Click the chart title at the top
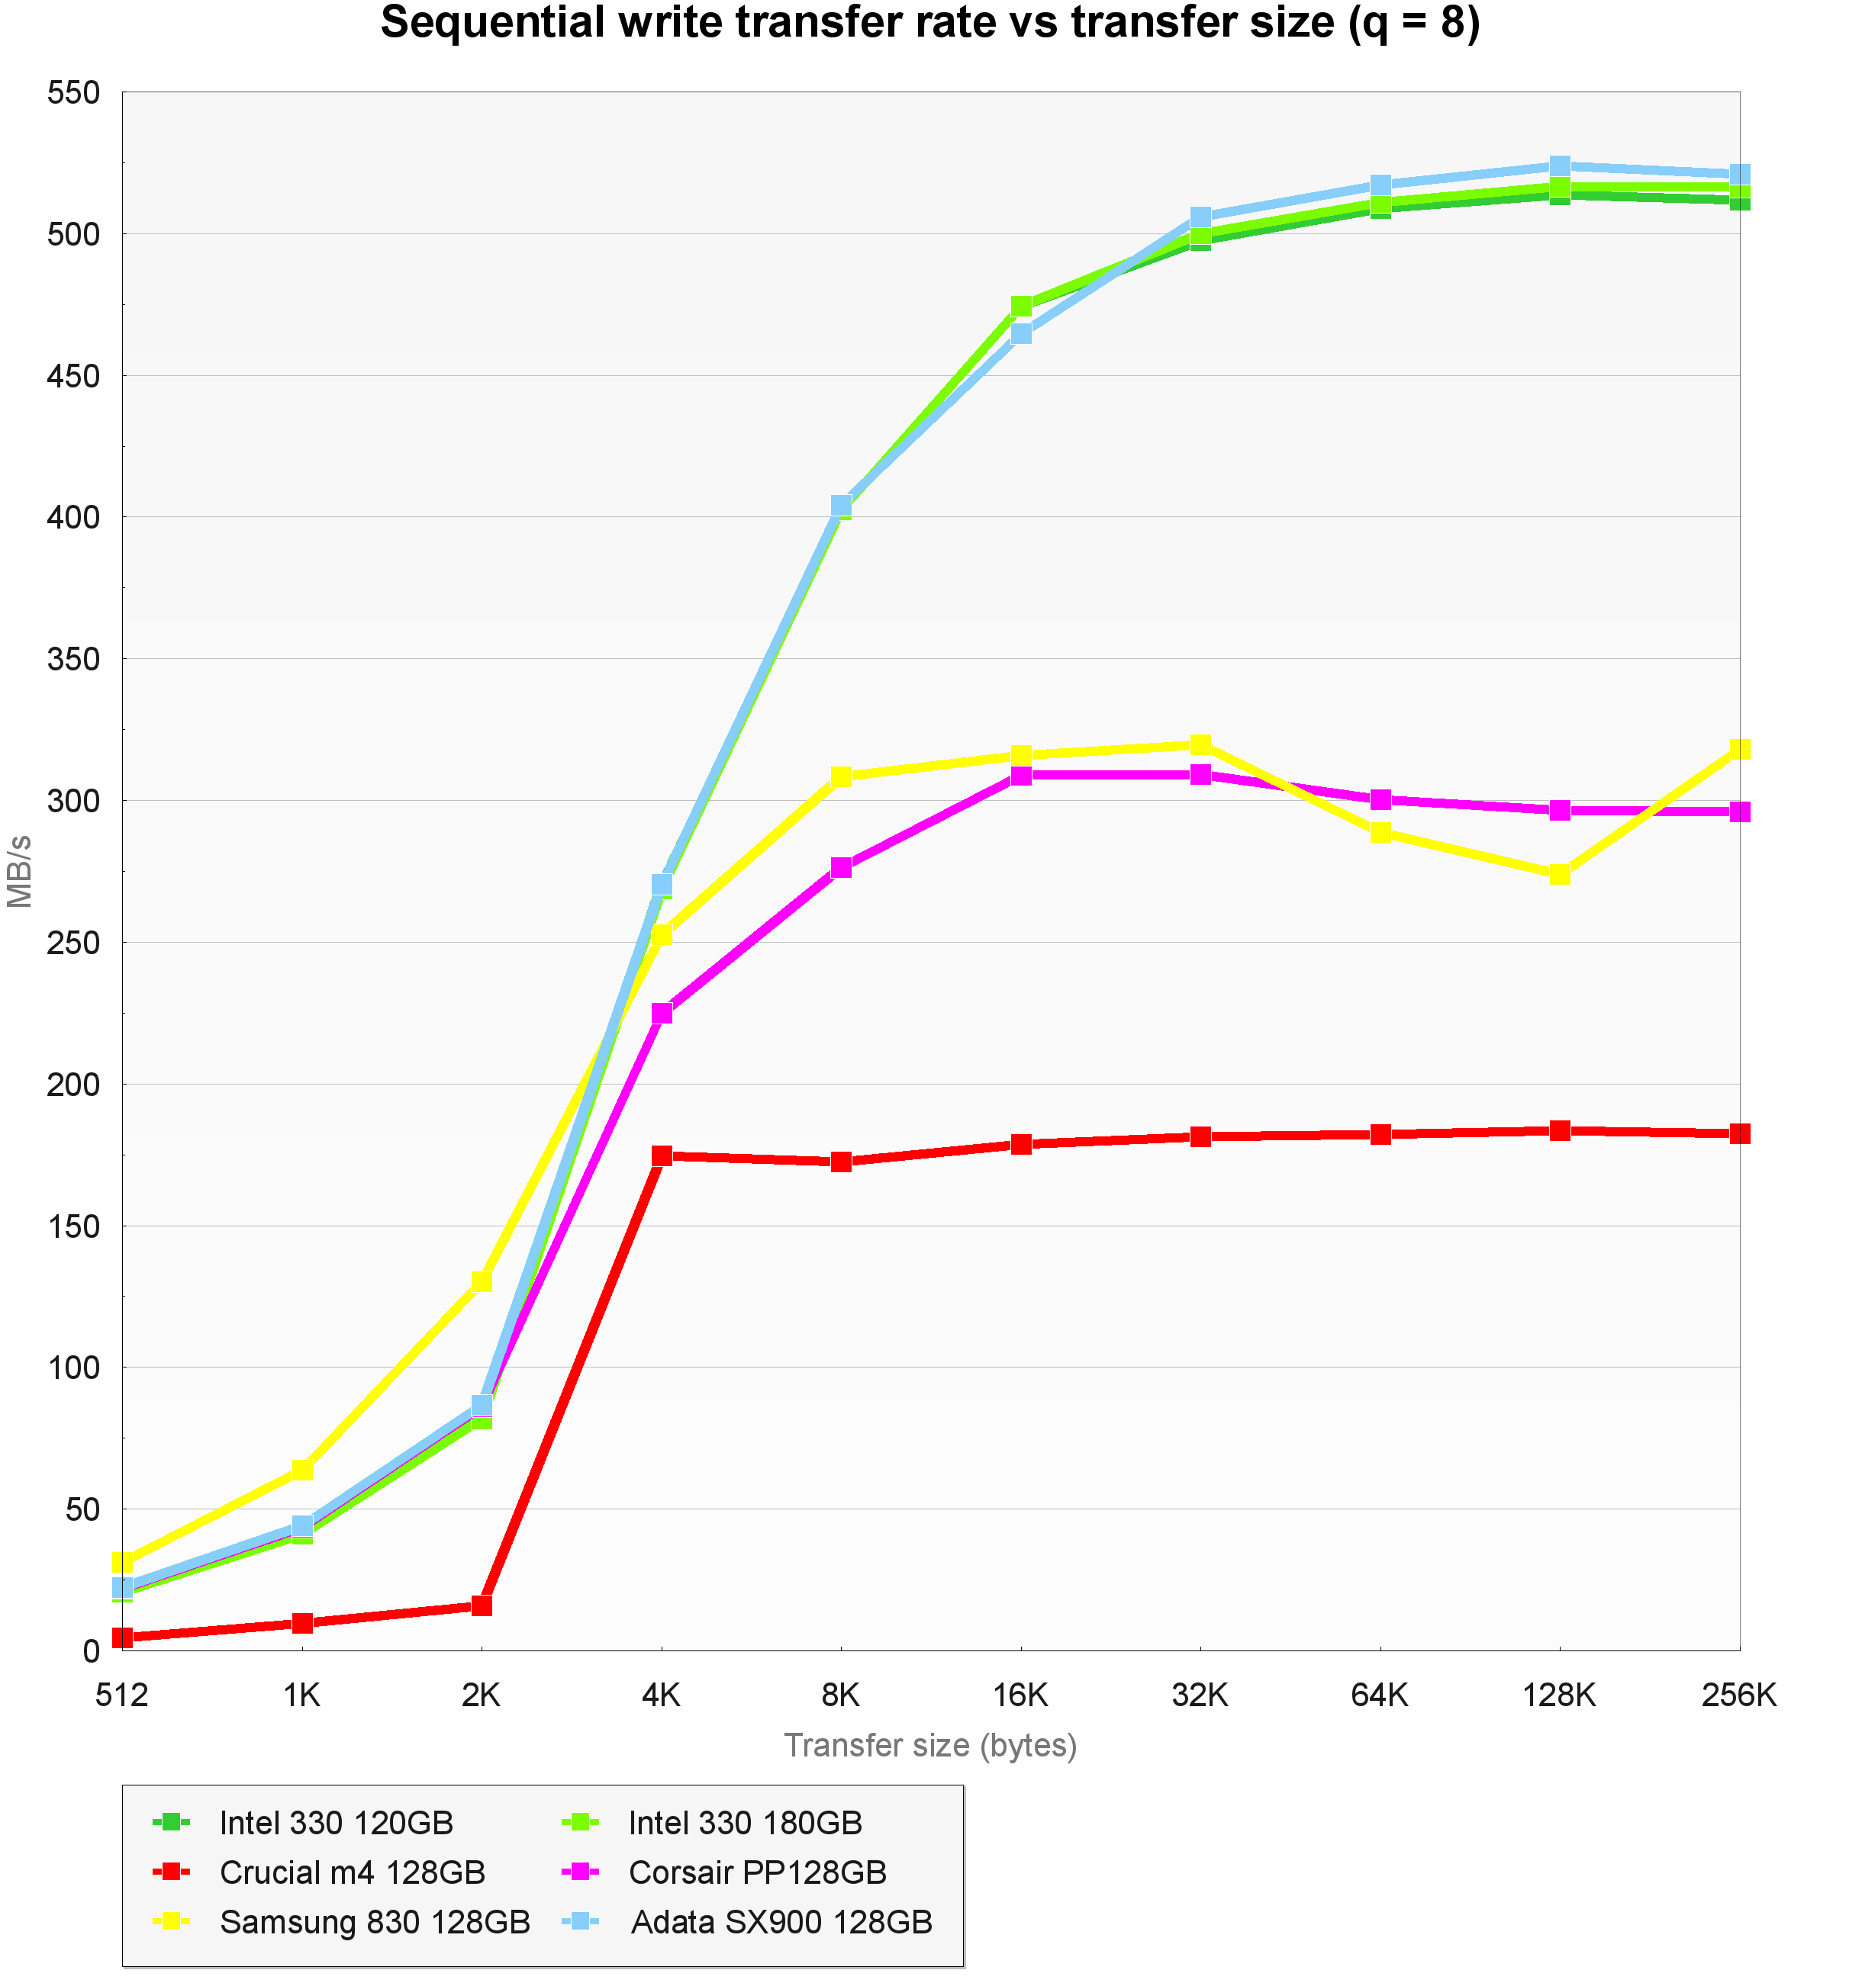pos(930,24)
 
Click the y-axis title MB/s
pos(20,872)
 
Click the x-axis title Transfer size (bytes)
pos(930,1746)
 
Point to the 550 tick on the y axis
pos(74,93)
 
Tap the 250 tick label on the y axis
pos(74,943)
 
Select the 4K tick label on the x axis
pos(661,1695)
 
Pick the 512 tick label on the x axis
pos(122,1695)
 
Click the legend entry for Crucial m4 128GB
pos(351,1872)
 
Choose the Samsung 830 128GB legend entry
pos(374,1922)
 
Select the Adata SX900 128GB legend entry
pos(781,1922)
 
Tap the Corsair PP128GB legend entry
pos(757,1872)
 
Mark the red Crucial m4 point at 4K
pos(662,1156)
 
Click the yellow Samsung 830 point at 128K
pos(1560,875)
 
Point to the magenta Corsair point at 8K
pos(841,868)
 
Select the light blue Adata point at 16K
pos(1021,333)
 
